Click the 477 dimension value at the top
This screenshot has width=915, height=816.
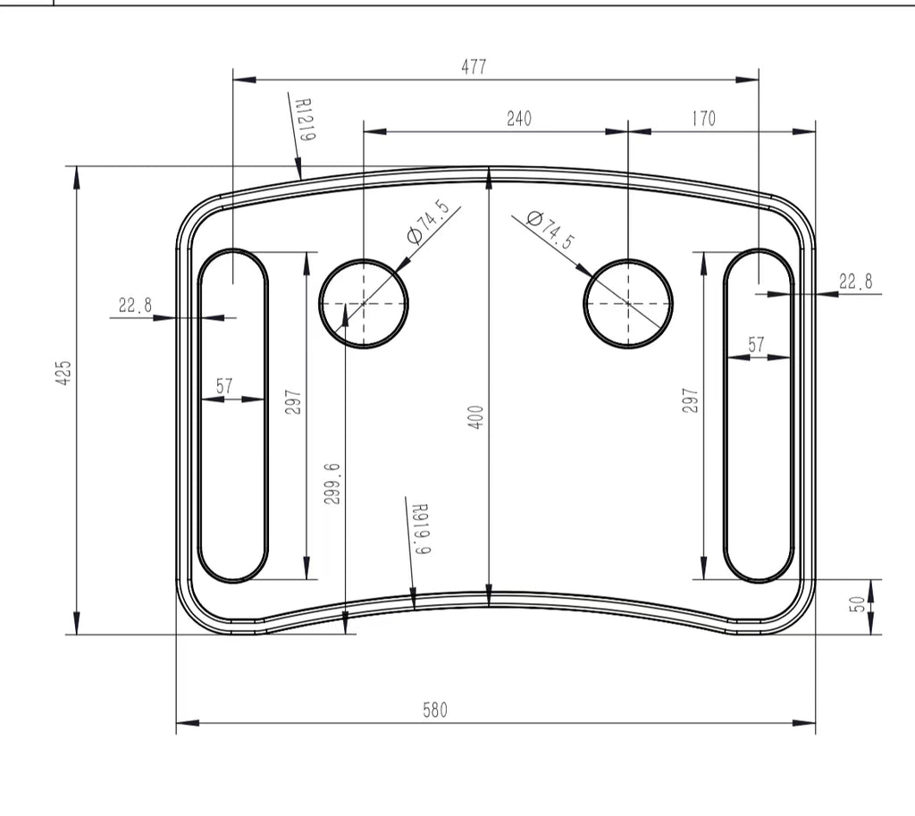click(474, 67)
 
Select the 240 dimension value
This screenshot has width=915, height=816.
click(519, 119)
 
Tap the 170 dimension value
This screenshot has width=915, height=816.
click(704, 119)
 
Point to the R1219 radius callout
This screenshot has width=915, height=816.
click(305, 120)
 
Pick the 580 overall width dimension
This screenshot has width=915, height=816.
click(435, 711)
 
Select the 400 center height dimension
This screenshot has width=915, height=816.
click(476, 417)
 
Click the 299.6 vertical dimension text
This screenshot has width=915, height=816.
click(332, 484)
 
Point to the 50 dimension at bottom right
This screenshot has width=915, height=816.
click(856, 605)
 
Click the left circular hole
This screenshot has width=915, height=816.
click(364, 304)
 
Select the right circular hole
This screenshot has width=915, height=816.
click(628, 304)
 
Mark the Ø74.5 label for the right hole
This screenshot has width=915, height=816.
click(550, 231)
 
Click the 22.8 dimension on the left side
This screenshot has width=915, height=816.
click(135, 306)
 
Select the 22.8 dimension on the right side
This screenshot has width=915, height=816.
click(855, 282)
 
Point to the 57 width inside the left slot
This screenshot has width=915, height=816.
click(224, 386)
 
